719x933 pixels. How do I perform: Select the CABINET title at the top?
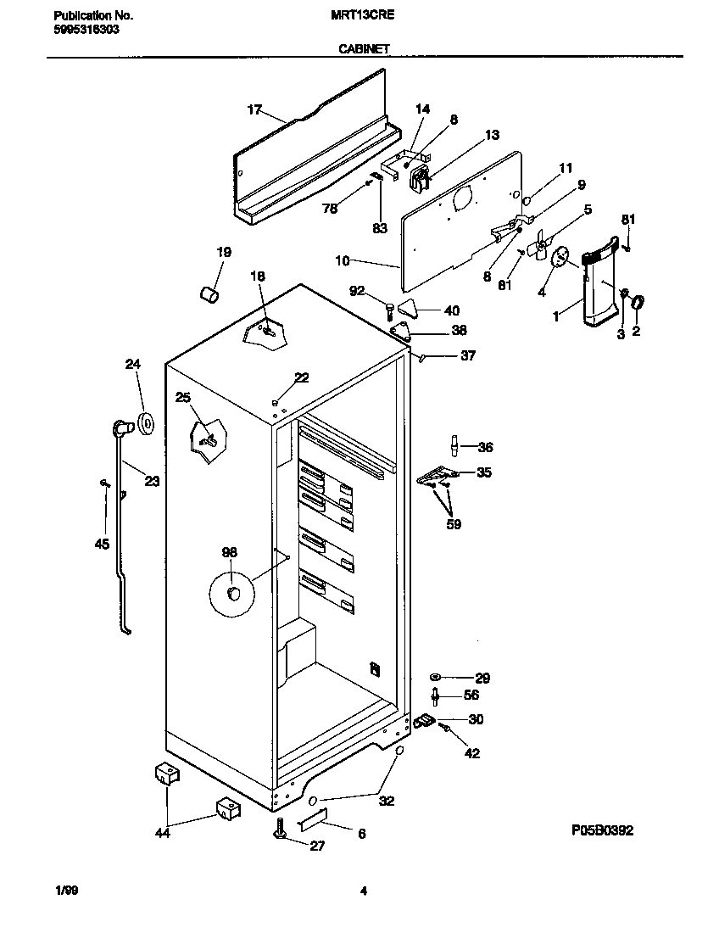click(364, 49)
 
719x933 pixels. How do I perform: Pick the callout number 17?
click(254, 109)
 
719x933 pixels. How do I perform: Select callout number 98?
click(229, 552)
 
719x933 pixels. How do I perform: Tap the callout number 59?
click(454, 524)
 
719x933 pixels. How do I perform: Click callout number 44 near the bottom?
click(163, 833)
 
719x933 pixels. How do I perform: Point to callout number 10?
click(342, 260)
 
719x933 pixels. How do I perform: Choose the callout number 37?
click(467, 356)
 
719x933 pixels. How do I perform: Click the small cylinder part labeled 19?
click(209, 293)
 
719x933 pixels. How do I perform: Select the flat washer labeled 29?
click(436, 677)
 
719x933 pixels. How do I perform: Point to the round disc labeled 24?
click(146, 421)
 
